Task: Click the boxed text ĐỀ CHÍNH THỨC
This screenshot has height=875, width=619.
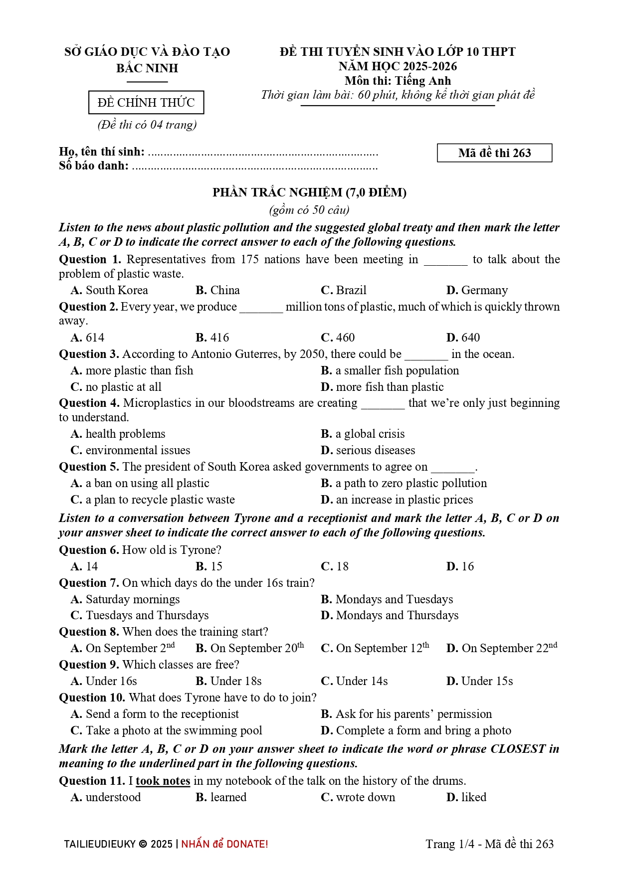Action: (x=146, y=103)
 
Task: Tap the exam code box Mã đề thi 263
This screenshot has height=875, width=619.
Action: (x=494, y=153)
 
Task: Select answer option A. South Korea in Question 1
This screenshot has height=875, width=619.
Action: (x=110, y=290)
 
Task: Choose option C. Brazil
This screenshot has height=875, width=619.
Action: (x=344, y=290)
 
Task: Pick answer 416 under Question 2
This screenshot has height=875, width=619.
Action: (x=212, y=338)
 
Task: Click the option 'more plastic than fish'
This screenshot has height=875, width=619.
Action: (x=132, y=370)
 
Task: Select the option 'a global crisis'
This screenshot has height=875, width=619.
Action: (x=363, y=434)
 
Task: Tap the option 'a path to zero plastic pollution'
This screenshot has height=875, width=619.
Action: (x=404, y=483)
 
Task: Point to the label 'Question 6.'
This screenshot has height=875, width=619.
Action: (x=89, y=550)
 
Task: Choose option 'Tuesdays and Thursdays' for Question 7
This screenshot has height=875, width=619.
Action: (x=140, y=615)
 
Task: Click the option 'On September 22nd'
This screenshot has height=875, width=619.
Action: (x=502, y=648)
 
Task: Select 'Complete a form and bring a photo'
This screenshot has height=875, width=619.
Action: (x=416, y=730)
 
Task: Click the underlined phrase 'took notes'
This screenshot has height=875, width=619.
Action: (x=163, y=781)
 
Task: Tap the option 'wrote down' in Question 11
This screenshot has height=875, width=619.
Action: (x=358, y=797)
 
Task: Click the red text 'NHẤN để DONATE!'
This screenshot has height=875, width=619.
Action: (x=224, y=844)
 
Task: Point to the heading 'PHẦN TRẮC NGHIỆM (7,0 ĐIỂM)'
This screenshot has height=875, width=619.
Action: (x=309, y=192)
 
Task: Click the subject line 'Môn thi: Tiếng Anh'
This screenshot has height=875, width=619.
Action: (x=398, y=81)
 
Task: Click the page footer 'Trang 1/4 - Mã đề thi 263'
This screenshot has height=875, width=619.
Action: (x=489, y=844)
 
